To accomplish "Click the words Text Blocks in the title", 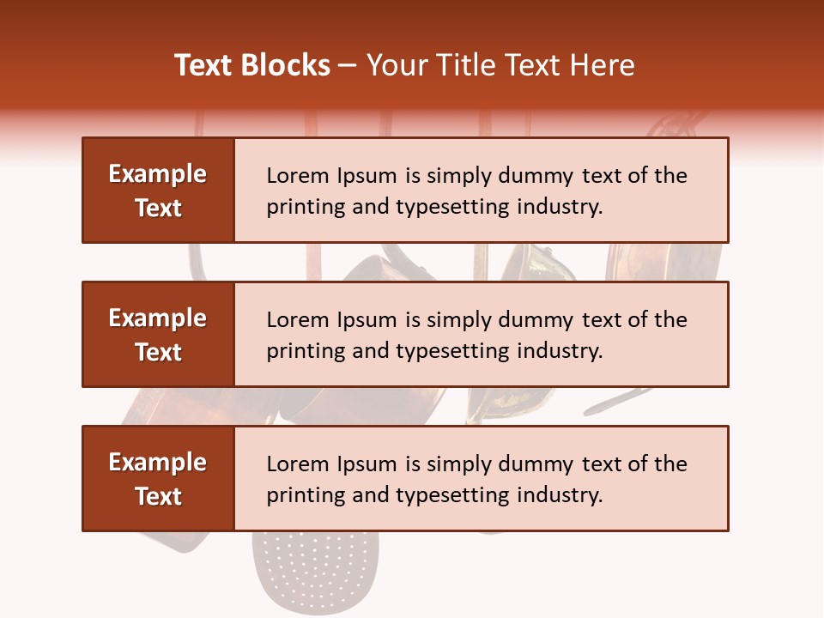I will point(252,65).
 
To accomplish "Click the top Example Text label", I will point(158,191).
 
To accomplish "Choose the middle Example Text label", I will point(158,335).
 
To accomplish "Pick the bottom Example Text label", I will point(158,479).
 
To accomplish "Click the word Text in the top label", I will point(158,208).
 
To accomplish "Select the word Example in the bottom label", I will point(158,463).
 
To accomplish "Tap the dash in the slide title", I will point(348,65).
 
